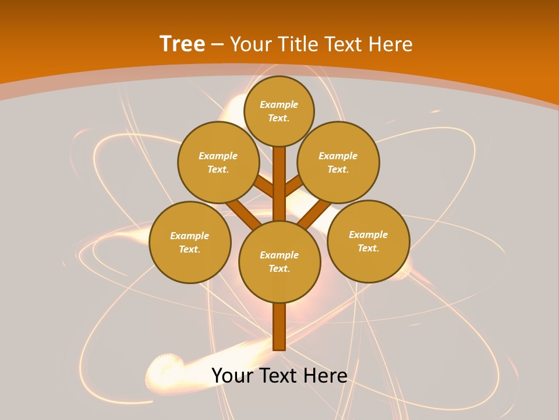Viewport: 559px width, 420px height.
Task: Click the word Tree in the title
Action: pyautogui.click(x=182, y=44)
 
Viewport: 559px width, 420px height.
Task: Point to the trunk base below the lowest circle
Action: pyautogui.click(x=279, y=327)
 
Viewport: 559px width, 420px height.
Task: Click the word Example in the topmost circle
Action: pyautogui.click(x=279, y=104)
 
